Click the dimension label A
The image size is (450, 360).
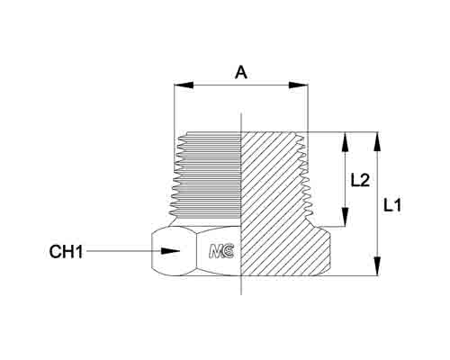pos(241,73)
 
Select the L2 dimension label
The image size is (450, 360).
pos(360,181)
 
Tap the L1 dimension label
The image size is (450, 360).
pos(392,206)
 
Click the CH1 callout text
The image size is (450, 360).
pos(66,251)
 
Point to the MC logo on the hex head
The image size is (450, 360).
pos(221,251)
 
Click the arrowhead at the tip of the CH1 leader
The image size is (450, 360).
pos(170,251)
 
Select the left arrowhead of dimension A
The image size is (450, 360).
pos(184,85)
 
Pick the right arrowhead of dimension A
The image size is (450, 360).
pos(298,85)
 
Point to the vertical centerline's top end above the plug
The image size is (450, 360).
pos(241,113)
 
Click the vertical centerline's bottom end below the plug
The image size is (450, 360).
pos(241,294)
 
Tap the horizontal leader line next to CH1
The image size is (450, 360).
pos(123,251)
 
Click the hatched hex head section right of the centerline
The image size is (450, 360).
pos(285,251)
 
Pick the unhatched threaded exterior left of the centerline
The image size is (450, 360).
pos(207,175)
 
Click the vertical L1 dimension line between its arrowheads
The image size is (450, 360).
pos(377,203)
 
